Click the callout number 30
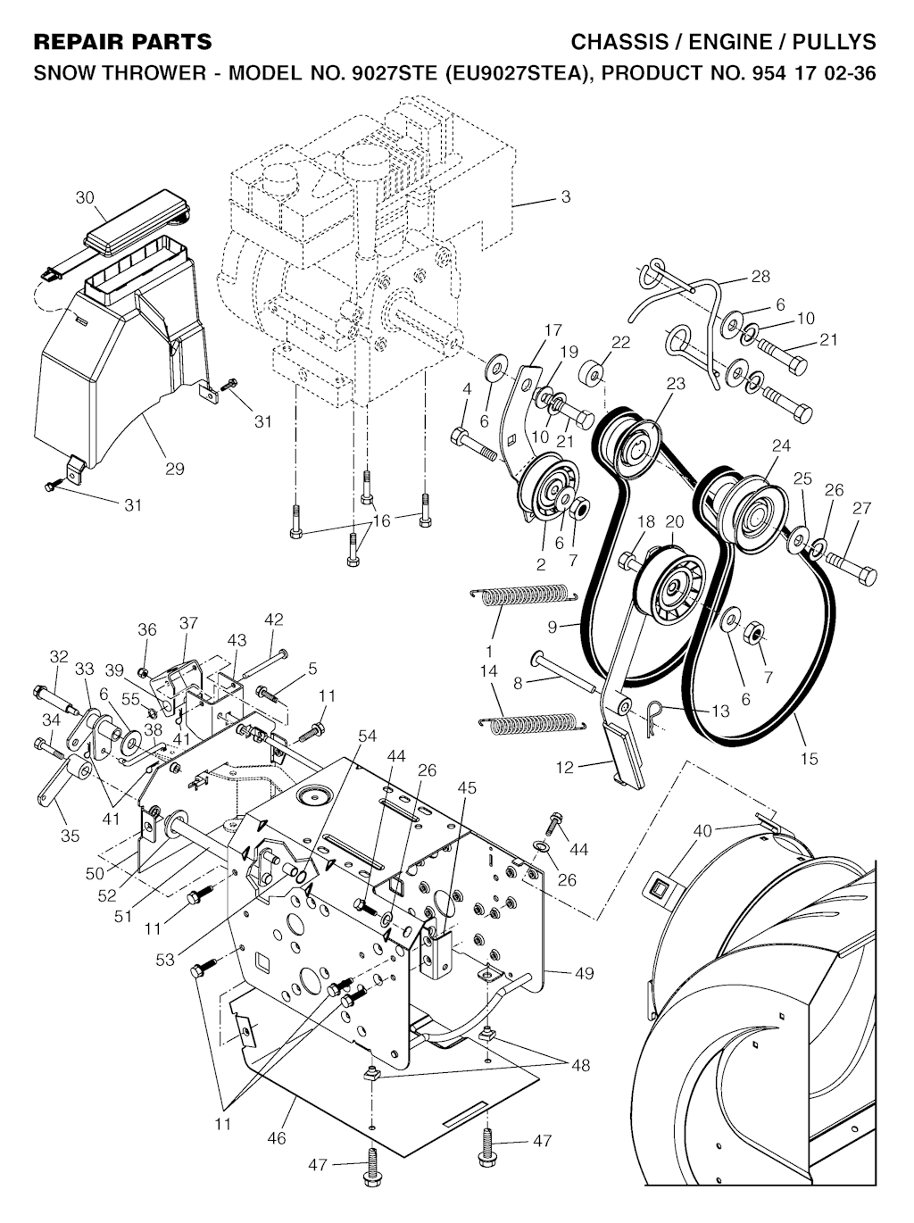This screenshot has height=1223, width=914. tap(85, 198)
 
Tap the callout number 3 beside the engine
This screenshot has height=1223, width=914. tap(566, 196)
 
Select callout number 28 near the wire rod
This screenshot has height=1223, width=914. tap(760, 277)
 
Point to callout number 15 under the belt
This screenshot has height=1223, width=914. tap(809, 758)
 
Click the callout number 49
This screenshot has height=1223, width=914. tap(585, 973)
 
